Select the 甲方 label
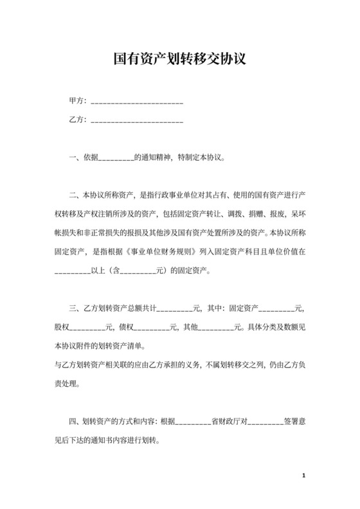point(76,102)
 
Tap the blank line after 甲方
point(138,103)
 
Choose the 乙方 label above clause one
point(76,120)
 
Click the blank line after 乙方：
point(138,121)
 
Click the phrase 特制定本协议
point(201,157)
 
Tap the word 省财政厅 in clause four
point(228,422)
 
